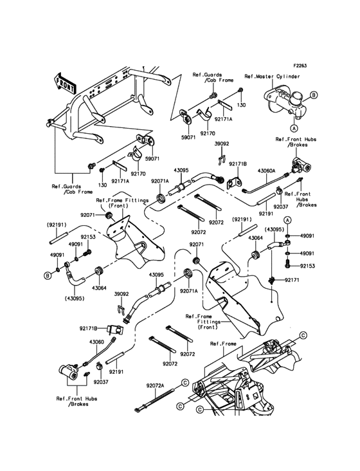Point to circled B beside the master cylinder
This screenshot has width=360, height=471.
tap(314, 95)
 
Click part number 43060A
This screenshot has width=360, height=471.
tap(267, 171)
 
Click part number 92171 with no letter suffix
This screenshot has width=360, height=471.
tap(292, 280)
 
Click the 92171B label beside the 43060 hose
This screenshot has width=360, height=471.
tap(89, 329)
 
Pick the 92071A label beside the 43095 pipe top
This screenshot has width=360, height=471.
tap(160, 181)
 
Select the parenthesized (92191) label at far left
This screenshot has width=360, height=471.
tap(57, 225)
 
